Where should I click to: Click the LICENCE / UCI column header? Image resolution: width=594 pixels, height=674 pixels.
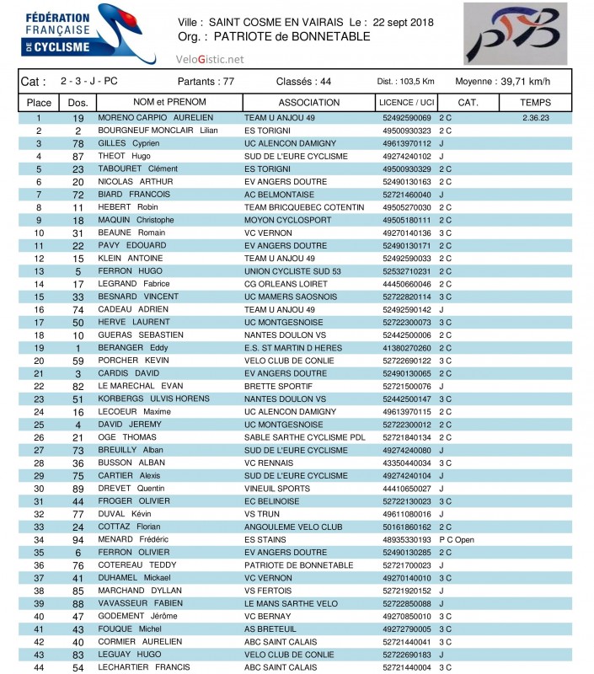[407, 102]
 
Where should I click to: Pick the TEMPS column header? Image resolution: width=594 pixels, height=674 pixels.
[535, 102]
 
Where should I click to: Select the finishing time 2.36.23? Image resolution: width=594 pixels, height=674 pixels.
[536, 118]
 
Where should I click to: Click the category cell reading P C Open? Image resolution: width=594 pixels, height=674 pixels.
[459, 539]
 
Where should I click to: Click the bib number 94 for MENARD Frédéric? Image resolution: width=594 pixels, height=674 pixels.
[78, 539]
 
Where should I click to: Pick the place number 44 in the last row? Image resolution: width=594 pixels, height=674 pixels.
[39, 667]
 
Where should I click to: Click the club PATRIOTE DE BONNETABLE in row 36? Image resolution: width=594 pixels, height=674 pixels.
[292, 565]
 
